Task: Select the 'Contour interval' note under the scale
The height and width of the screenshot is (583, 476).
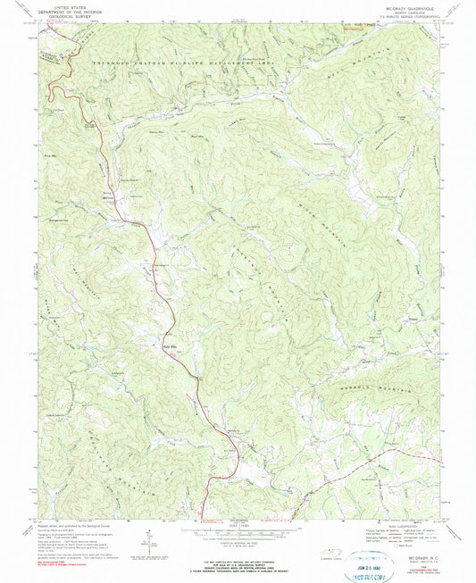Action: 238,546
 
